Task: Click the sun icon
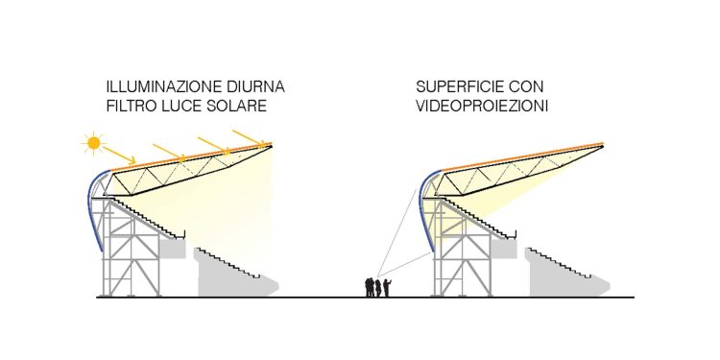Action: coord(93,143)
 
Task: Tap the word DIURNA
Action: coord(254,87)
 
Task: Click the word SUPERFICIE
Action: coord(460,87)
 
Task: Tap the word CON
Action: coord(527,87)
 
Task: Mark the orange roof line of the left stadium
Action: coord(192,157)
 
